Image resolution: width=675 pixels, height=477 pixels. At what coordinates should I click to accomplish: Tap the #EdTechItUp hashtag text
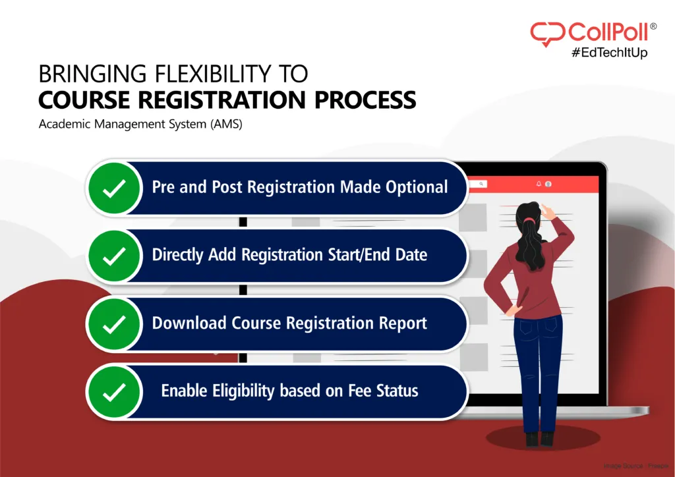pyautogui.click(x=608, y=53)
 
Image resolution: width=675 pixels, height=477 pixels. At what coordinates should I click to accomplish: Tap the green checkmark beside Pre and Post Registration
pyautogui.click(x=115, y=188)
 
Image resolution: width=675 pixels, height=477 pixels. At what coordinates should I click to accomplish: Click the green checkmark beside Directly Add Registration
pyautogui.click(x=115, y=256)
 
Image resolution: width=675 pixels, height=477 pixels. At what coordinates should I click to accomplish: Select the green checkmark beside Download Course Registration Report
pyautogui.click(x=115, y=323)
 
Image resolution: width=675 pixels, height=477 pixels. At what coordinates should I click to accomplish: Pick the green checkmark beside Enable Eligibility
pyautogui.click(x=115, y=391)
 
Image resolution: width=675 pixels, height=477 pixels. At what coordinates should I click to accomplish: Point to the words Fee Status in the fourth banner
pyautogui.click(x=387, y=391)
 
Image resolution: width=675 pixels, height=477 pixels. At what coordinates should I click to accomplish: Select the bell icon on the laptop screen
pyautogui.click(x=539, y=184)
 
